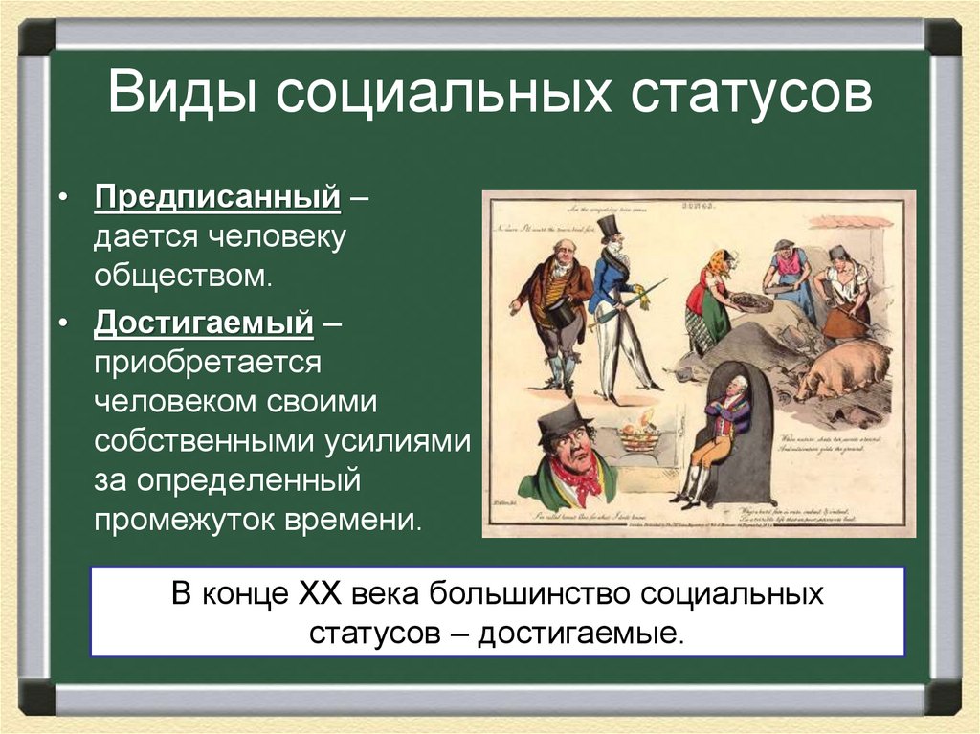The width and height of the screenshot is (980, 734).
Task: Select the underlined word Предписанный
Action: [217, 199]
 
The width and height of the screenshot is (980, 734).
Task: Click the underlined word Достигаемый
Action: [204, 323]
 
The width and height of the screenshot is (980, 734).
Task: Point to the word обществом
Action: [183, 278]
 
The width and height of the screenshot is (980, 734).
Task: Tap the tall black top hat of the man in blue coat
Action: [608, 226]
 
